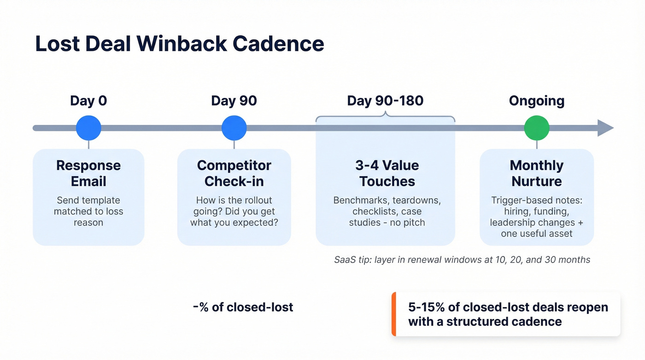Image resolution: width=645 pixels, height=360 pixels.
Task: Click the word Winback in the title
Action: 181,44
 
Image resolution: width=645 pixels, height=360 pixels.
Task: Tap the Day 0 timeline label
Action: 88,100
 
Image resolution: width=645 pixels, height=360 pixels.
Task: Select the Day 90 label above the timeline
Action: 234,100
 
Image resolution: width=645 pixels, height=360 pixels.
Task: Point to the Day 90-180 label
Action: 385,100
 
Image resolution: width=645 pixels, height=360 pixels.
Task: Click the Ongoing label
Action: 537,100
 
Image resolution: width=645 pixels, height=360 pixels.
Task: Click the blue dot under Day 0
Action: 88,128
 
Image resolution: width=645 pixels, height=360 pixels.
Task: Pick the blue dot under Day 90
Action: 234,128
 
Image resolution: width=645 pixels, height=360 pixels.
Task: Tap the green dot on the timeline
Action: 537,128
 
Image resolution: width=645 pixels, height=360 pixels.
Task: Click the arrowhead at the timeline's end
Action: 605,128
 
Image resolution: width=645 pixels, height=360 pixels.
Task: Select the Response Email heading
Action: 88,173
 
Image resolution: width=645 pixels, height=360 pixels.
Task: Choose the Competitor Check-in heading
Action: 234,173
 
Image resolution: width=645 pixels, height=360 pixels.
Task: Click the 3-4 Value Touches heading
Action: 387,173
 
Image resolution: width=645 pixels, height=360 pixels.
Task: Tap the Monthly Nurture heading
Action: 537,173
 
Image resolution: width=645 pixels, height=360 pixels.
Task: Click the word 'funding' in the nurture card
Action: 553,212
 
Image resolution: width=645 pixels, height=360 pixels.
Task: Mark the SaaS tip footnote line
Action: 462,260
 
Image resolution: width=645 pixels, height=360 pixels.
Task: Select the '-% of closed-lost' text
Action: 243,307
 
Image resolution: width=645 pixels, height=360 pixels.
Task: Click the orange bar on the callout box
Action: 394,314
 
